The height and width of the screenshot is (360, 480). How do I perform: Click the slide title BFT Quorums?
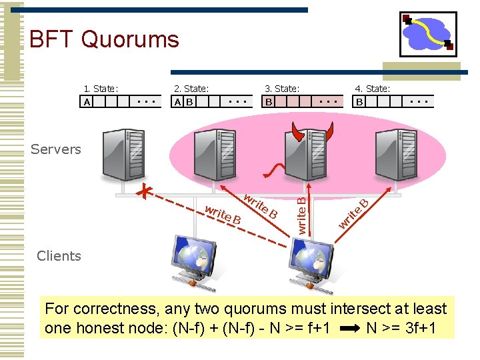pos(104,39)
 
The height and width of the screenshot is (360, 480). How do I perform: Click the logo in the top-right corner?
pos(428,34)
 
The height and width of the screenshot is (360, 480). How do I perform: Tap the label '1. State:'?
pos(101,89)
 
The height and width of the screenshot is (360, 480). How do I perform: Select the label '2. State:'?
pos(191,89)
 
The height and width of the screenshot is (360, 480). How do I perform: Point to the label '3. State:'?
pos(282,89)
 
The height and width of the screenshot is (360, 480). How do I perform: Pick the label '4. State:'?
pos(373,89)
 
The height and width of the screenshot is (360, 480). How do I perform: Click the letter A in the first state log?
pos(87,102)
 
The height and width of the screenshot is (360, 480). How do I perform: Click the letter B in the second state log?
pos(189,102)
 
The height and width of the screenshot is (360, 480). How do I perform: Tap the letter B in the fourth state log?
pos(360,102)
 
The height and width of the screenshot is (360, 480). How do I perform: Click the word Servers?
pos(56,149)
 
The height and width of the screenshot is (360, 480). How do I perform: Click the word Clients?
pos(59,256)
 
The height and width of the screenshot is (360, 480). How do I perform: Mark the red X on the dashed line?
pos(144,192)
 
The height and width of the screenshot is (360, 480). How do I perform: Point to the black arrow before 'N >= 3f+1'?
pos(349,329)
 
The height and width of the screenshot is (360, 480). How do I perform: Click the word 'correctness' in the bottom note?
pos(115,309)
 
